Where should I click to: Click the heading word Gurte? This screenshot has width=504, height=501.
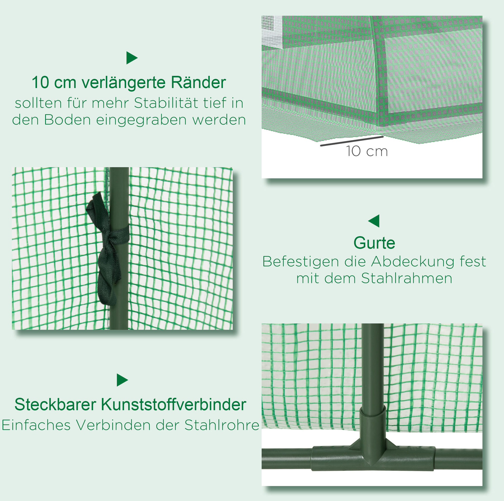click(374, 243)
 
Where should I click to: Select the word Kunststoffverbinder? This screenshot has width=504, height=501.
click(173, 404)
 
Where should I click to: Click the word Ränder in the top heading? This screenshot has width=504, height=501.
click(198, 82)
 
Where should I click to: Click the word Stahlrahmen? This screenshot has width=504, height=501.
click(406, 278)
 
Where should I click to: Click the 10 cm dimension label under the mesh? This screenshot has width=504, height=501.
click(367, 151)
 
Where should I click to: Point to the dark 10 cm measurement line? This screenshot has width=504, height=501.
click(352, 141)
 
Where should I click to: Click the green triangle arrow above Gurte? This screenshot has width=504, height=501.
click(374, 221)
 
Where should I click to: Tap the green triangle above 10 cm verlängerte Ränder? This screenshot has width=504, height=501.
click(132, 58)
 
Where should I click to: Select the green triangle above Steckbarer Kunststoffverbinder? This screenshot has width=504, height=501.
click(122, 380)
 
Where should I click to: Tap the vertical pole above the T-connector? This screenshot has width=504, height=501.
click(373, 366)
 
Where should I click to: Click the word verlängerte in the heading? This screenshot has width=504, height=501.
click(124, 83)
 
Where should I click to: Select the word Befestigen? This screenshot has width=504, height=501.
click(300, 262)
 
